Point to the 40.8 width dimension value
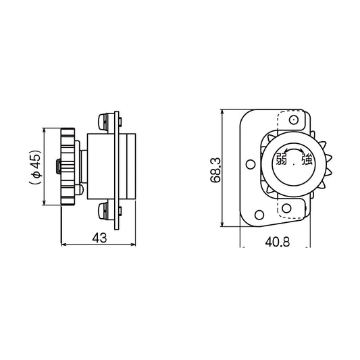click(x=277, y=240)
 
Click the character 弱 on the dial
click(x=281, y=160)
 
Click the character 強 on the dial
click(x=307, y=160)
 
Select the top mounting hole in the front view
click(x=294, y=120)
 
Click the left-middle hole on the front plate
click(x=250, y=164)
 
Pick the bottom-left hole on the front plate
click(x=257, y=215)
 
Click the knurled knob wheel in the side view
click(x=68, y=165)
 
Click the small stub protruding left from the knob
click(x=59, y=165)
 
